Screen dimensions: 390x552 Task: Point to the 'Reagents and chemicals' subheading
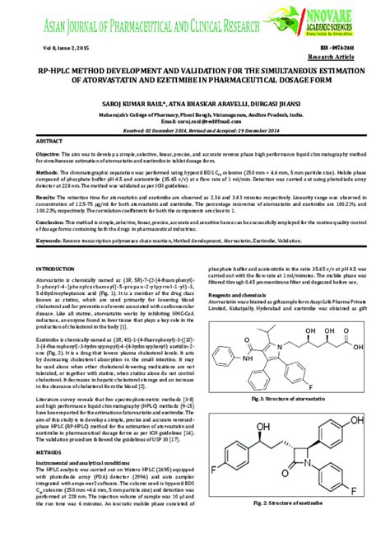click(x=237, y=294)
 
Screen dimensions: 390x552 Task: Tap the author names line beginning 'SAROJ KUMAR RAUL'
click(x=195, y=92)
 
